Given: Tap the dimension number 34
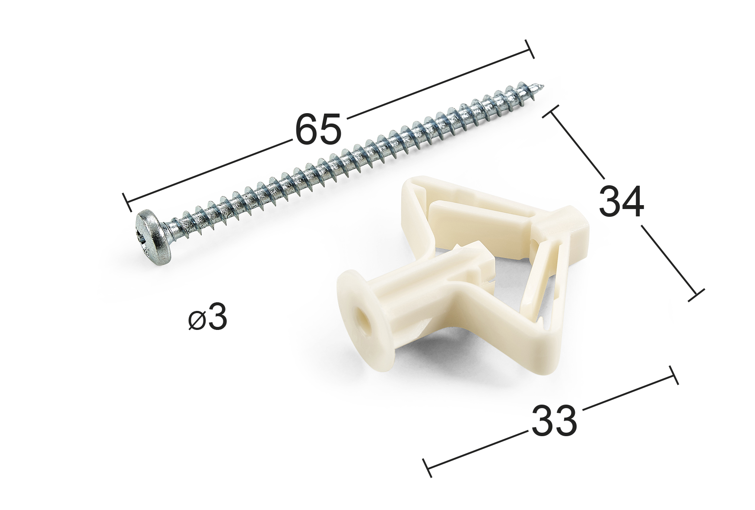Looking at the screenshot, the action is click(621, 201).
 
